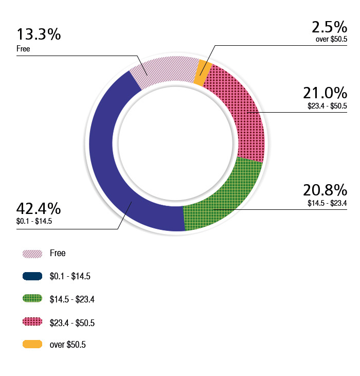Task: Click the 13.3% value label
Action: click(39, 35)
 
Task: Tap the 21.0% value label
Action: click(325, 94)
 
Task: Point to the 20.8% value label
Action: click(325, 190)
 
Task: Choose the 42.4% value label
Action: click(39, 209)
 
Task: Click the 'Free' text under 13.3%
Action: click(23, 49)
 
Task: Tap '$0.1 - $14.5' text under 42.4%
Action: click(34, 222)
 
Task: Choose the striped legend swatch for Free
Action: click(32, 254)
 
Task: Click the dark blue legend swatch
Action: click(32, 277)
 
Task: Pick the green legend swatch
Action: click(32, 299)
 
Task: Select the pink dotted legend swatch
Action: click(32, 322)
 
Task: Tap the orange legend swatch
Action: click(32, 345)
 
